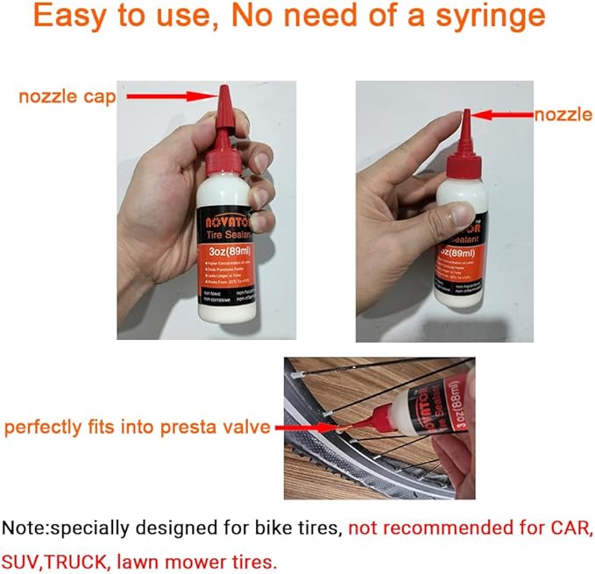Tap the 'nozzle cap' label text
click(67, 97)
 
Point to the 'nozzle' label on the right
click(563, 115)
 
